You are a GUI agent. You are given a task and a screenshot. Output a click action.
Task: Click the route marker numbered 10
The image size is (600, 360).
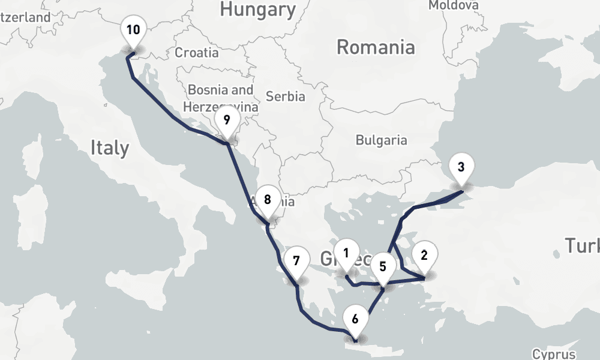click(133, 30)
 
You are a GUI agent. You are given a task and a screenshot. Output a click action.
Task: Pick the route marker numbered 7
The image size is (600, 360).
click(296, 261)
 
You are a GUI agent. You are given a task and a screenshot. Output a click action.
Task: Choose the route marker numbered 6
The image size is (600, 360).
click(355, 319)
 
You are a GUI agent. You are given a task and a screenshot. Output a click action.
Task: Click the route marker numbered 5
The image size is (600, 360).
click(383, 267)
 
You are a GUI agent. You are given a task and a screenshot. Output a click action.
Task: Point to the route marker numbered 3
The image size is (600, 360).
click(461, 167)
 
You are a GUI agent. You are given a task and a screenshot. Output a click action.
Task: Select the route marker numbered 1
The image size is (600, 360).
click(346, 253)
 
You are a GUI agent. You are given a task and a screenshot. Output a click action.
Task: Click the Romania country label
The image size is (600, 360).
click(376, 47)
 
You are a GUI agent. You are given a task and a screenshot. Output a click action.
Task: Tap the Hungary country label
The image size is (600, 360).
click(258, 9)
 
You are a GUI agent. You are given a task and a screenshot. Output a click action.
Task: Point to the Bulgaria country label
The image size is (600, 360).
click(381, 140)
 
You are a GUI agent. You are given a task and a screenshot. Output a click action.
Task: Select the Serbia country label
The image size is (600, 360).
click(286, 96)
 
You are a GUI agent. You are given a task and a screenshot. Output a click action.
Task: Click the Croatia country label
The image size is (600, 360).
click(197, 53)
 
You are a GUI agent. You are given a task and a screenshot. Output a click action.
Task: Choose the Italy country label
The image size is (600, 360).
click(110, 147)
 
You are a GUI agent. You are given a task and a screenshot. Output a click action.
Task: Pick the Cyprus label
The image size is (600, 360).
click(554, 354)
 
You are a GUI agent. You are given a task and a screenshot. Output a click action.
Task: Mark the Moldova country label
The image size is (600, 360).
click(454, 5)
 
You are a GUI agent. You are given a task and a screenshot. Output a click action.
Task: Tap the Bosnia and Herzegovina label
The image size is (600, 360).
click(221, 98)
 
